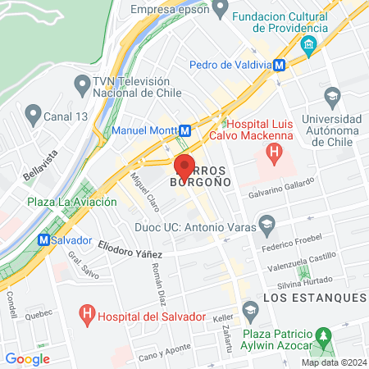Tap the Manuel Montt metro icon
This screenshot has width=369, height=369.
[185, 130]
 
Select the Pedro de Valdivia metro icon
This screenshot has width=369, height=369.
[280, 65]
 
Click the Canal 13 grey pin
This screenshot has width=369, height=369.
[33, 112]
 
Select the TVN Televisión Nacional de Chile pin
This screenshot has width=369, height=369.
[81, 84]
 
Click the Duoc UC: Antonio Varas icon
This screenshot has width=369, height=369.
[266, 223]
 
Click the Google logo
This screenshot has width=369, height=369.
[27, 358]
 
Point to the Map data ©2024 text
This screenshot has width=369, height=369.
[332, 362]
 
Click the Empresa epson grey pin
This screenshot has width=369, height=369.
[219, 9]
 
